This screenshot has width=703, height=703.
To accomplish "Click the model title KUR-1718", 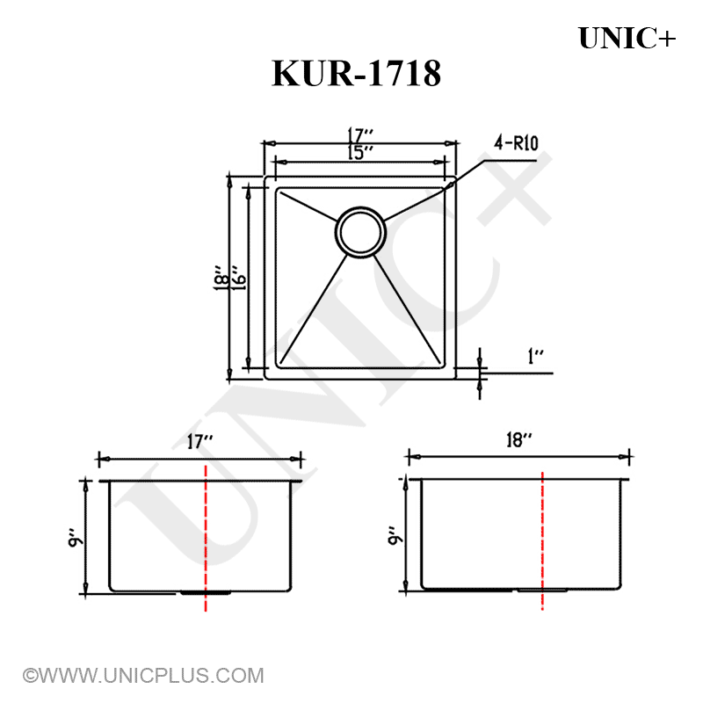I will coord(356,74).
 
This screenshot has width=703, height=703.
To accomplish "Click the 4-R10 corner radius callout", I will coord(517,143).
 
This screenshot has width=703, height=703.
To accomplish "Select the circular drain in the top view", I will coord(359,231).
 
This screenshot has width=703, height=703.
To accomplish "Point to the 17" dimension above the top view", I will coord(360,136).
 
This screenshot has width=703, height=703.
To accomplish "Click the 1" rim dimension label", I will coord(535,357).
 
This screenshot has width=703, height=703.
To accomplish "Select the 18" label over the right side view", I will coord(520,440).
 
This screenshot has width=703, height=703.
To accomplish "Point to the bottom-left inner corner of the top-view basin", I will coord(279,366).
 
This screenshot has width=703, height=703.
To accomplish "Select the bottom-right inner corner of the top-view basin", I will coord(441,366).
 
